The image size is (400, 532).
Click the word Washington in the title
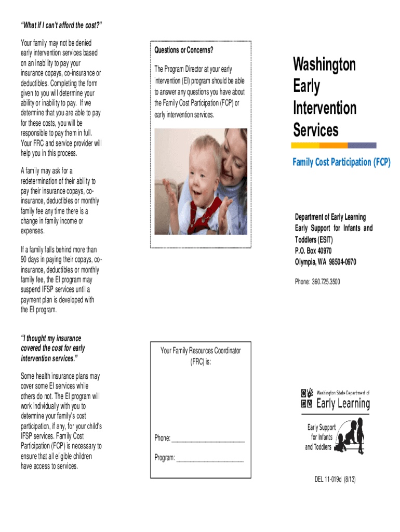coord(324,65)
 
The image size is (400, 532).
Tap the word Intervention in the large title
coord(324,108)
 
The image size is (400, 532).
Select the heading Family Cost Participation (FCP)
coord(341,162)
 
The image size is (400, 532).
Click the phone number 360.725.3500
coord(325,282)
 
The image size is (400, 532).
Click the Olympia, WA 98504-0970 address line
coord(325,262)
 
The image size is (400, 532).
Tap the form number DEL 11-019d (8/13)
coord(335,478)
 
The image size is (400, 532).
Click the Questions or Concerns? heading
coord(183,50)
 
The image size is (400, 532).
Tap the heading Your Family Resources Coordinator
coord(201,351)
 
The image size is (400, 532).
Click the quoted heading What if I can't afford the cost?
coord(61,26)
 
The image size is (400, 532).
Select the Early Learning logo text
coord(343,404)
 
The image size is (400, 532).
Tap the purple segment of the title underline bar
coord(362,145)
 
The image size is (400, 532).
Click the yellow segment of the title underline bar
coord(306,145)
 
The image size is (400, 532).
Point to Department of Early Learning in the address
coord(330,217)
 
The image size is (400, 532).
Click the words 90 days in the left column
coord(31,260)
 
